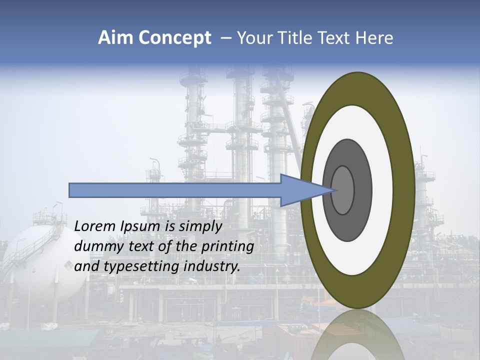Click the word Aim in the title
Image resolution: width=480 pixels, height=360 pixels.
114,38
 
